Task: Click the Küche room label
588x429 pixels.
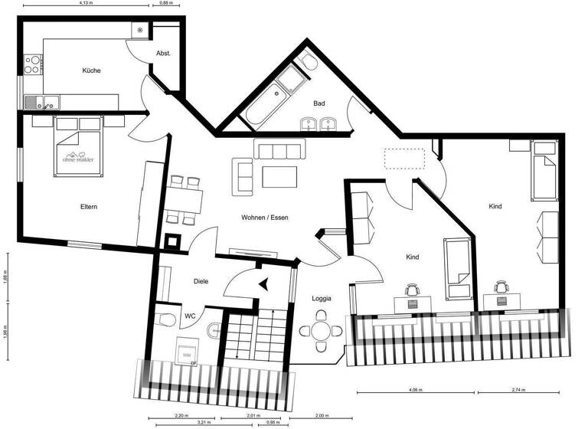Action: [92, 70]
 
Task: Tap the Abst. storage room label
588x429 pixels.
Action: [163, 53]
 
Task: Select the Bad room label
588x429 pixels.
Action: [320, 103]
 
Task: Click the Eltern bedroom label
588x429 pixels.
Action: [89, 206]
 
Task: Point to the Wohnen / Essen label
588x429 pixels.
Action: [265, 218]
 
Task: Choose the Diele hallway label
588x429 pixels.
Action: [201, 281]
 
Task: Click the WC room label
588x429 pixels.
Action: [190, 315]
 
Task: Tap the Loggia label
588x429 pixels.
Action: [322, 298]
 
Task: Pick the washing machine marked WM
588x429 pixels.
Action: [185, 353]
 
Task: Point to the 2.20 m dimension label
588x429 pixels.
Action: [181, 415]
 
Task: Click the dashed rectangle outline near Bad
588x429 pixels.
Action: [403, 158]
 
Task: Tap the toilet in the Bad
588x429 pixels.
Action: [308, 61]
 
